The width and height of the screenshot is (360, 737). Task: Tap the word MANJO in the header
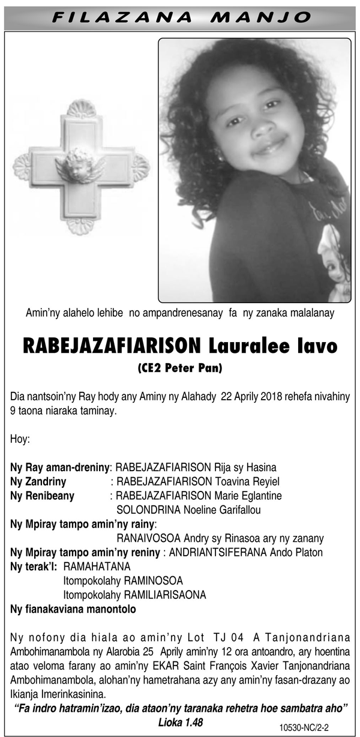(259, 16)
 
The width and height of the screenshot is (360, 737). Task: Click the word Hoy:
(20, 439)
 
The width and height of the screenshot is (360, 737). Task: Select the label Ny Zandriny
(38, 481)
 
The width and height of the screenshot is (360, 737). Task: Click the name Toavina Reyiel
(247, 481)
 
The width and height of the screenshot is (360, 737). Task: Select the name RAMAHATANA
(97, 566)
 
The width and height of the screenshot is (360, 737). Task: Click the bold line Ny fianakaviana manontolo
(73, 609)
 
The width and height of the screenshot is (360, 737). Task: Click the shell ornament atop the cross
(81, 109)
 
